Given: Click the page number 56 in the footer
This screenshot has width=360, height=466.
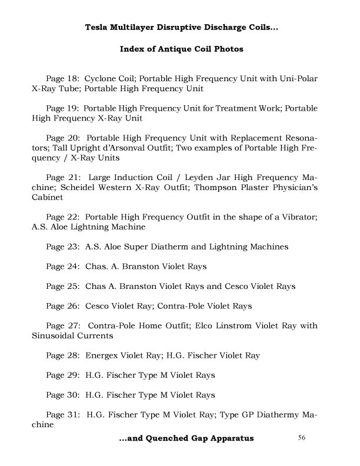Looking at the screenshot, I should coord(302,437).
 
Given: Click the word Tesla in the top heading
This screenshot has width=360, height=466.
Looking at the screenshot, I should coord(98,27).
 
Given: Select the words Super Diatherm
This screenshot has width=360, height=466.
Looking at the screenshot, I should coord(145,247).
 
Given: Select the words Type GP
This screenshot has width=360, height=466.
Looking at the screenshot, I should coord(238,414).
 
